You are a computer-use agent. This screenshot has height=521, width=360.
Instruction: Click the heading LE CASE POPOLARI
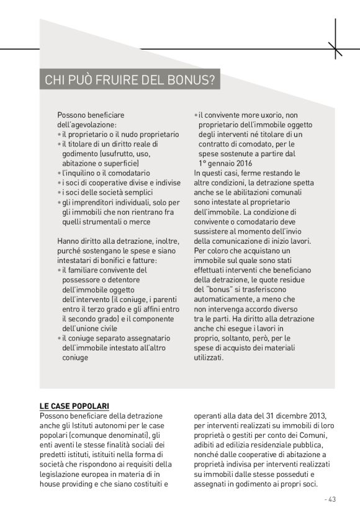[x=74, y=406]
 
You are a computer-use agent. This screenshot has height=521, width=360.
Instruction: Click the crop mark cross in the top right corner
[x=335, y=48]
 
